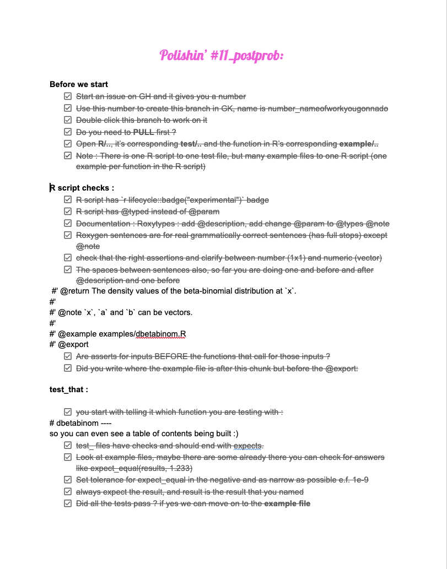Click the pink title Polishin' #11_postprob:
tap(222, 55)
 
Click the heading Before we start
tap(79, 84)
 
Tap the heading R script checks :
tap(82, 188)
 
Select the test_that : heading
tap(69, 389)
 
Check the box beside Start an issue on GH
tap(68, 96)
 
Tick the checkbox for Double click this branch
tap(68, 120)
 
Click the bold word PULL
tap(144, 132)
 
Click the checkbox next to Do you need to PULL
tap(68, 132)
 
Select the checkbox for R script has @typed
tap(68, 212)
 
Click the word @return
tap(74, 291)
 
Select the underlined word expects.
tap(249, 446)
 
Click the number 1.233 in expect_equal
tap(181, 468)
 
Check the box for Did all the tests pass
tap(68, 503)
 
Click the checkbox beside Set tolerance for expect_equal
tap(68, 480)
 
